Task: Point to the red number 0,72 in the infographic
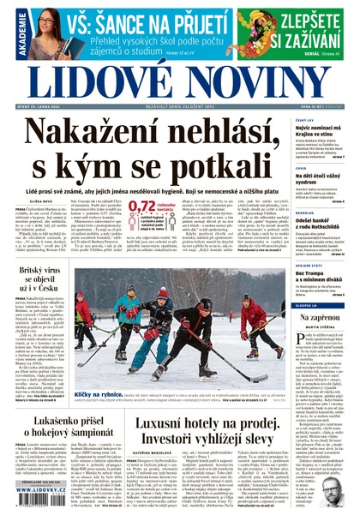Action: pos(147,207)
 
